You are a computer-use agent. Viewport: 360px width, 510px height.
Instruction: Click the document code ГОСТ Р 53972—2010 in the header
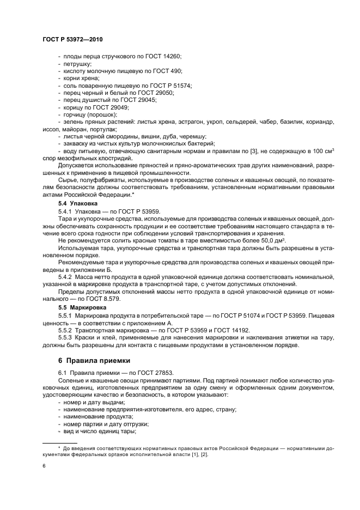click(72, 40)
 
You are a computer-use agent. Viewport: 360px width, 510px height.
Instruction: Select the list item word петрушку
click(77, 64)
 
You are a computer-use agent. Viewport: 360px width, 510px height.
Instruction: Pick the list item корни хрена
click(81, 78)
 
